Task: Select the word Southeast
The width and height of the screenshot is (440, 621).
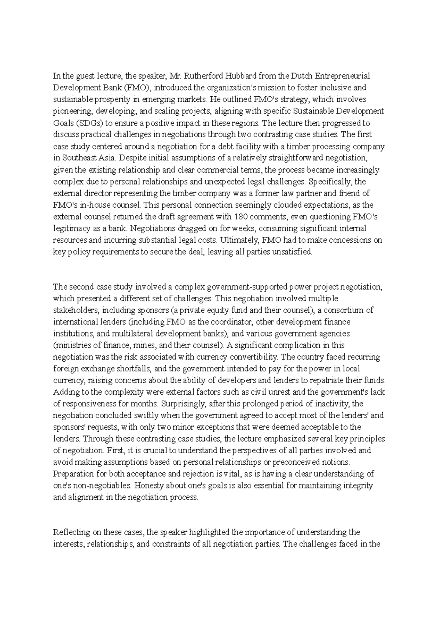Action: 80,159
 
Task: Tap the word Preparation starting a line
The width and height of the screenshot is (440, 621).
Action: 74,474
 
